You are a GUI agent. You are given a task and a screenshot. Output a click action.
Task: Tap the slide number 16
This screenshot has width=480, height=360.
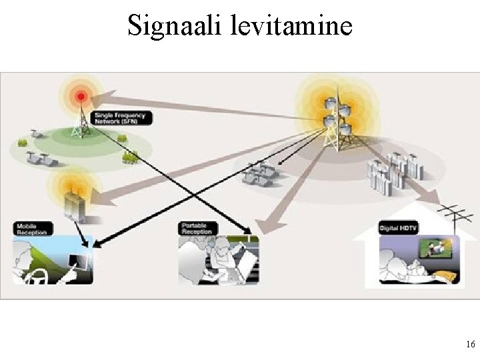(x=470, y=345)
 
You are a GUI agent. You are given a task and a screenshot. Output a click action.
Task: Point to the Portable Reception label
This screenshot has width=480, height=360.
(x=195, y=229)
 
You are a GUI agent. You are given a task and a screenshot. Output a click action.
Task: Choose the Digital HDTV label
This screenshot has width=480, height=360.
(x=399, y=228)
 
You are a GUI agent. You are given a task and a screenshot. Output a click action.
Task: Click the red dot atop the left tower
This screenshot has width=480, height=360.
(x=81, y=97)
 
